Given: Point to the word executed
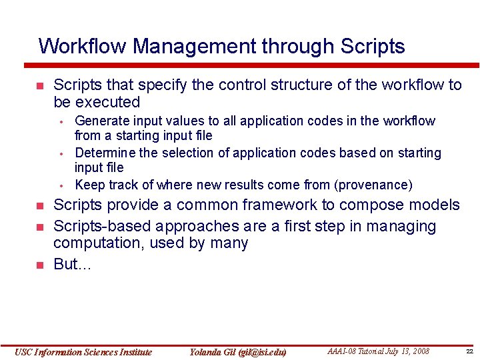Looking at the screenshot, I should (108, 103).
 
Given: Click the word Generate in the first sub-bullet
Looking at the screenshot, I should (101, 121).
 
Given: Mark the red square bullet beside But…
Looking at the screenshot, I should (39, 265).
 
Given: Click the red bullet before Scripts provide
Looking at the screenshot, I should (39, 206).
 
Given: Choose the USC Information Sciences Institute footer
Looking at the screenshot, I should (83, 352).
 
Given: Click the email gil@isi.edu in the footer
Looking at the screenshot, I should (256, 352).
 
